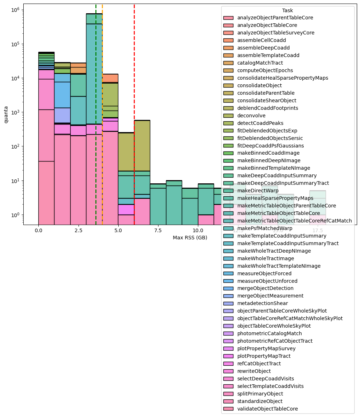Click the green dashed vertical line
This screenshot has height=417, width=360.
96,108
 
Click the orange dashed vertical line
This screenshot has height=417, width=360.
102,108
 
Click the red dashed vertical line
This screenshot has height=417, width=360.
134,108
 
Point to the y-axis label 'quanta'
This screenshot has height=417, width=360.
6,114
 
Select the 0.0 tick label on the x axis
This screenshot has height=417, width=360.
38,230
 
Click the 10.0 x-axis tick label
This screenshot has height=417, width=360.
198,230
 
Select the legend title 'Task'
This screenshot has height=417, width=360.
288,11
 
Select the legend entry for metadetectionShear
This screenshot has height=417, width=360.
263,303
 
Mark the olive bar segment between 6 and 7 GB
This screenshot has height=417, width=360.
142,144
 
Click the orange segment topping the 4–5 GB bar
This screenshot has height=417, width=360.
110,78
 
